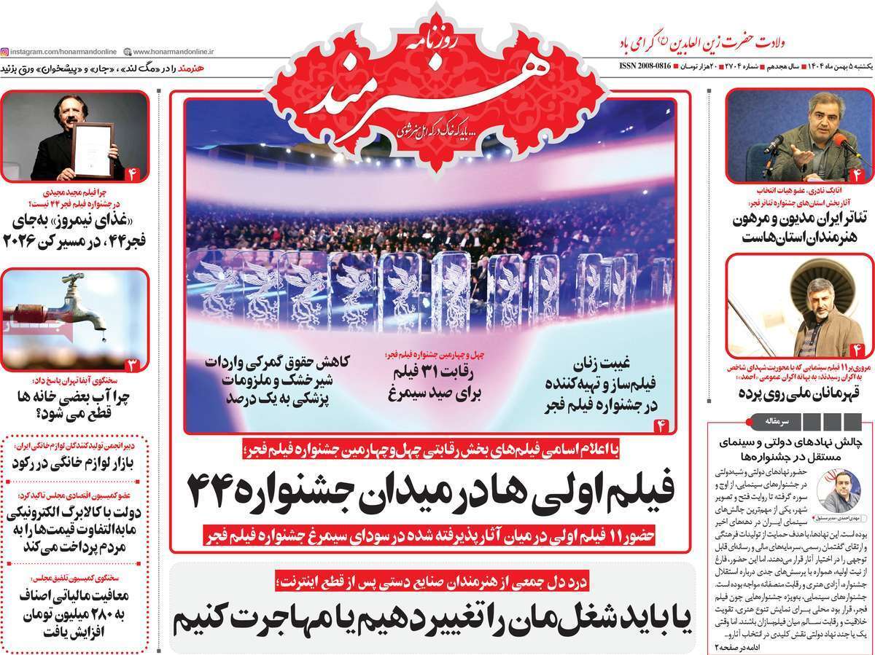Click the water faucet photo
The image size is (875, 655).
[73, 318]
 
